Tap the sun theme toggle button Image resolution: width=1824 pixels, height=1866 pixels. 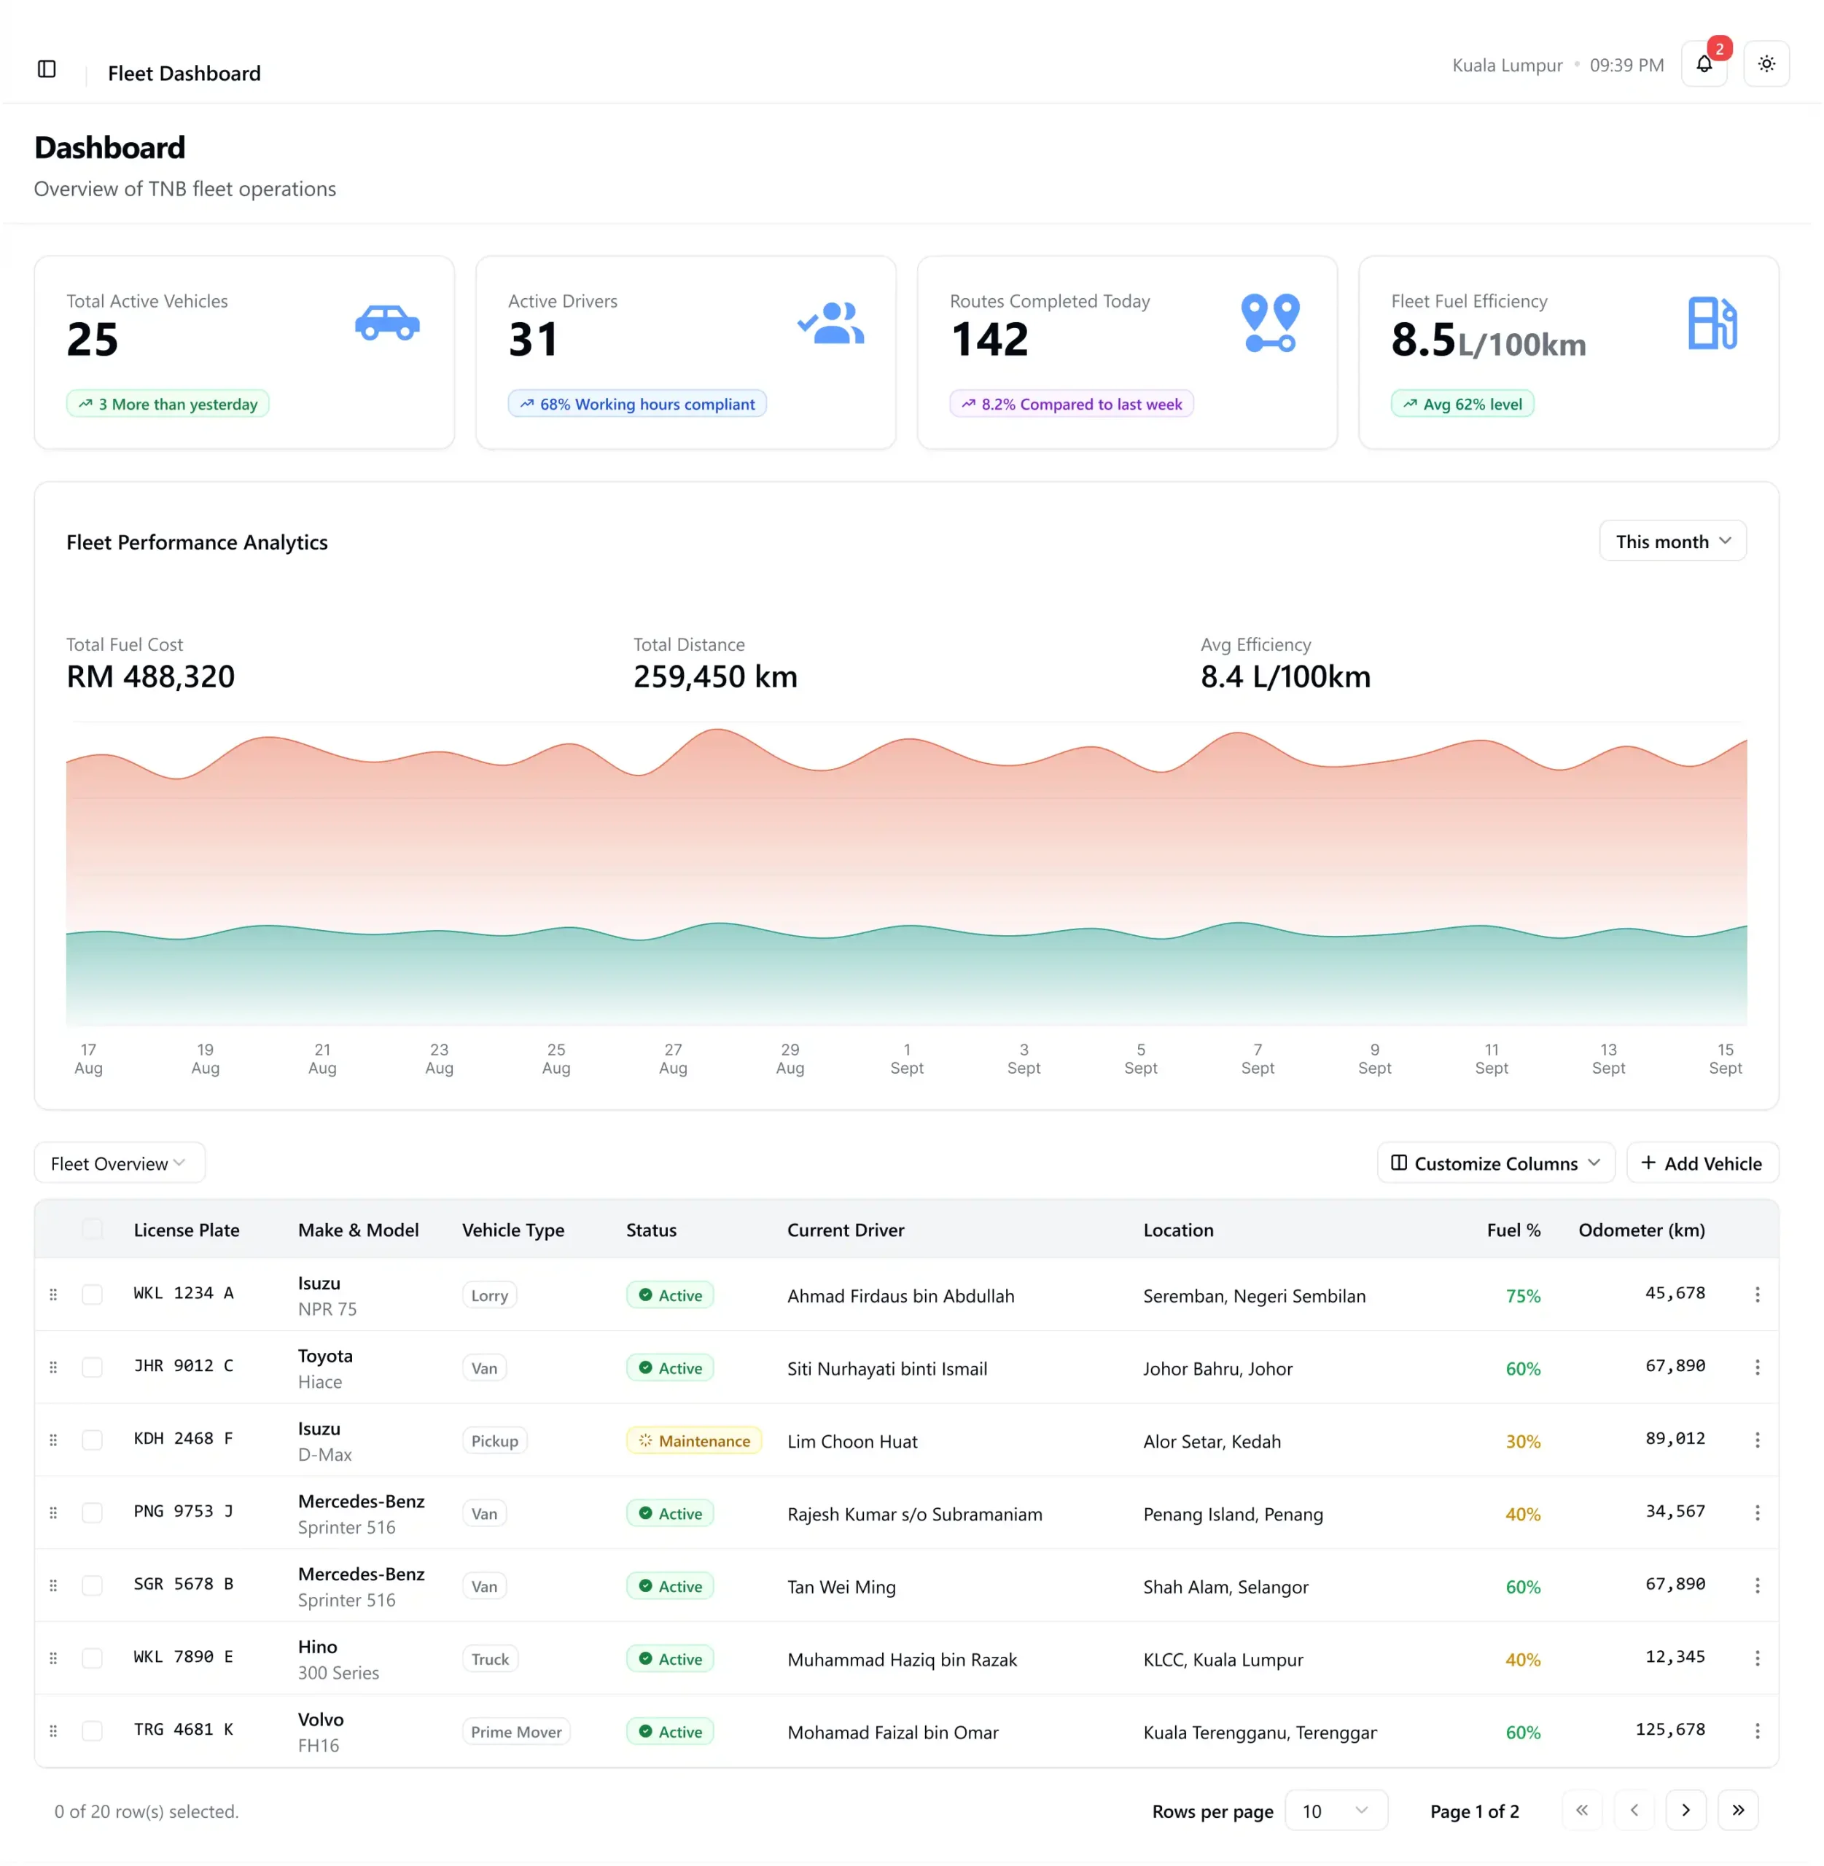pyautogui.click(x=1766, y=64)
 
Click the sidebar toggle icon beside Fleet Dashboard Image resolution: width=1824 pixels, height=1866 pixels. pyautogui.click(x=47, y=69)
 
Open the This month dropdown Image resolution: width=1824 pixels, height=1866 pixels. pyautogui.click(x=1672, y=542)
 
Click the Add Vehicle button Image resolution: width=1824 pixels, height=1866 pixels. pyautogui.click(x=1702, y=1163)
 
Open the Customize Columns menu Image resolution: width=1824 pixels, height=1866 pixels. pyautogui.click(x=1494, y=1163)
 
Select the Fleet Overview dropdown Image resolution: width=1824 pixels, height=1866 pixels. pyautogui.click(x=120, y=1163)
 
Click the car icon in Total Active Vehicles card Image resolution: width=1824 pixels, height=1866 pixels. pyautogui.click(x=387, y=322)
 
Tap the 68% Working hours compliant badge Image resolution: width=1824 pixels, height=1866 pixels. pyautogui.click(x=637, y=403)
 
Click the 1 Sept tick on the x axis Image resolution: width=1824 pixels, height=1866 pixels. pyautogui.click(x=906, y=1058)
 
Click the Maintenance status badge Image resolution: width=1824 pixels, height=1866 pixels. pyautogui.click(x=693, y=1441)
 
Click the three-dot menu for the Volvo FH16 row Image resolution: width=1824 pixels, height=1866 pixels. pyautogui.click(x=1756, y=1731)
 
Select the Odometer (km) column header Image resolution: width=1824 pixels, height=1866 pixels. pyautogui.click(x=1641, y=1230)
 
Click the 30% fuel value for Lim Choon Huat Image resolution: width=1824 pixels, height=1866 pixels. pyautogui.click(x=1522, y=1441)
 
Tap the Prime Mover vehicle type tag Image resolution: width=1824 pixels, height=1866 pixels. pyautogui.click(x=516, y=1732)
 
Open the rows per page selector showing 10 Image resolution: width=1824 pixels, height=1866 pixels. pyautogui.click(x=1336, y=1811)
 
